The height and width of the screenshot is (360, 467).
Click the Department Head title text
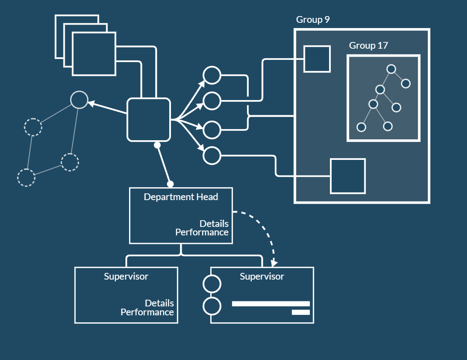tap(181, 197)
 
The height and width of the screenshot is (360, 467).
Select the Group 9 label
tap(313, 20)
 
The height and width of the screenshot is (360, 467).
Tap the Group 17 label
tap(368, 46)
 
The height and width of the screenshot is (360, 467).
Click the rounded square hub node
tap(149, 119)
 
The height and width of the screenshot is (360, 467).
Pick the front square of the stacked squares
tap(94, 54)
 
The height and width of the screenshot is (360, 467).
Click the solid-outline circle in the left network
tap(79, 99)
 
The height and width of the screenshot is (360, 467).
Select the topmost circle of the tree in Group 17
tap(392, 69)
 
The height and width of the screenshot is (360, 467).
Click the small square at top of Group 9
tap(317, 59)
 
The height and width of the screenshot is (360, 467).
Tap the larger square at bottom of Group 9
tap(348, 176)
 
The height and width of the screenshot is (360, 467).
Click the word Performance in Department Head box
tap(202, 233)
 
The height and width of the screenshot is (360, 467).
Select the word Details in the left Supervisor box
tap(159, 303)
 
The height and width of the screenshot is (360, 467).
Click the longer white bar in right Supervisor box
tap(271, 304)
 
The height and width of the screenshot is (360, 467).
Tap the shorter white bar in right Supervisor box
tap(300, 312)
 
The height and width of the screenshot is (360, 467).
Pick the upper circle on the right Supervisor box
tap(212, 284)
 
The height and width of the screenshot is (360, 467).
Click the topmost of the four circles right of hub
tap(212, 75)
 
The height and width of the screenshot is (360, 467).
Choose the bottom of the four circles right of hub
tap(212, 155)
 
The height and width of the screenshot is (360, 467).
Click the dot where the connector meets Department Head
tap(170, 184)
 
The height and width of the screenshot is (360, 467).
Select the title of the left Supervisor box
tap(126, 276)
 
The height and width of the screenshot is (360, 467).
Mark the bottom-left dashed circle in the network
tap(26, 177)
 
